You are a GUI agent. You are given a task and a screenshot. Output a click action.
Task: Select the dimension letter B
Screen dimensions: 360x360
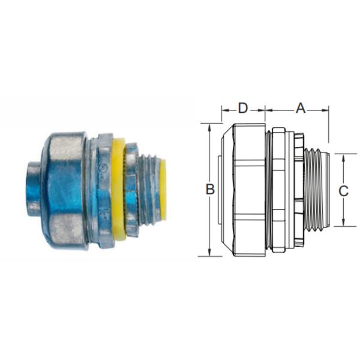[x=210, y=190]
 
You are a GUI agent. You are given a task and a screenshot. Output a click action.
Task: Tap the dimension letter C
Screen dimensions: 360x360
[x=343, y=191]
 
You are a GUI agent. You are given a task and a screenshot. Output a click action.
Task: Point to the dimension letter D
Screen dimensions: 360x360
[x=243, y=108]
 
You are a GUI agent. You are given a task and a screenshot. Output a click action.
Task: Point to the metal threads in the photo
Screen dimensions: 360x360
[x=148, y=189]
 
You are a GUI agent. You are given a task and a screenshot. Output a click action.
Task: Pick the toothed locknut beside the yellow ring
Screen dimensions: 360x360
[x=131, y=189]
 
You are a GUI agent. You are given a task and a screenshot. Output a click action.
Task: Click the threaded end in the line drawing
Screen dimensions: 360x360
[x=317, y=190]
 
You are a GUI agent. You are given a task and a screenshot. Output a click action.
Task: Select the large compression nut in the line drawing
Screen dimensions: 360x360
[x=243, y=190]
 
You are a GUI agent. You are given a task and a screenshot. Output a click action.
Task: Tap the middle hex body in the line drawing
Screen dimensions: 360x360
[x=279, y=190]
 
